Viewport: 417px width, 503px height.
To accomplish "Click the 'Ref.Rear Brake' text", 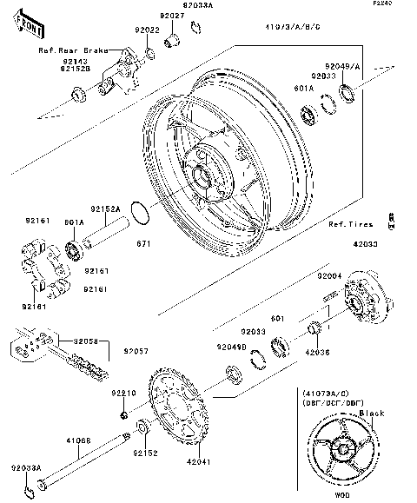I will pyautogui.click(x=72, y=51).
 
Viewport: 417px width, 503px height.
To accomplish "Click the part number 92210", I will pyautogui.click(x=123, y=393).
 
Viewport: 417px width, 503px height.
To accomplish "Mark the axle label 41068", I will pyautogui.click(x=79, y=440).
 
